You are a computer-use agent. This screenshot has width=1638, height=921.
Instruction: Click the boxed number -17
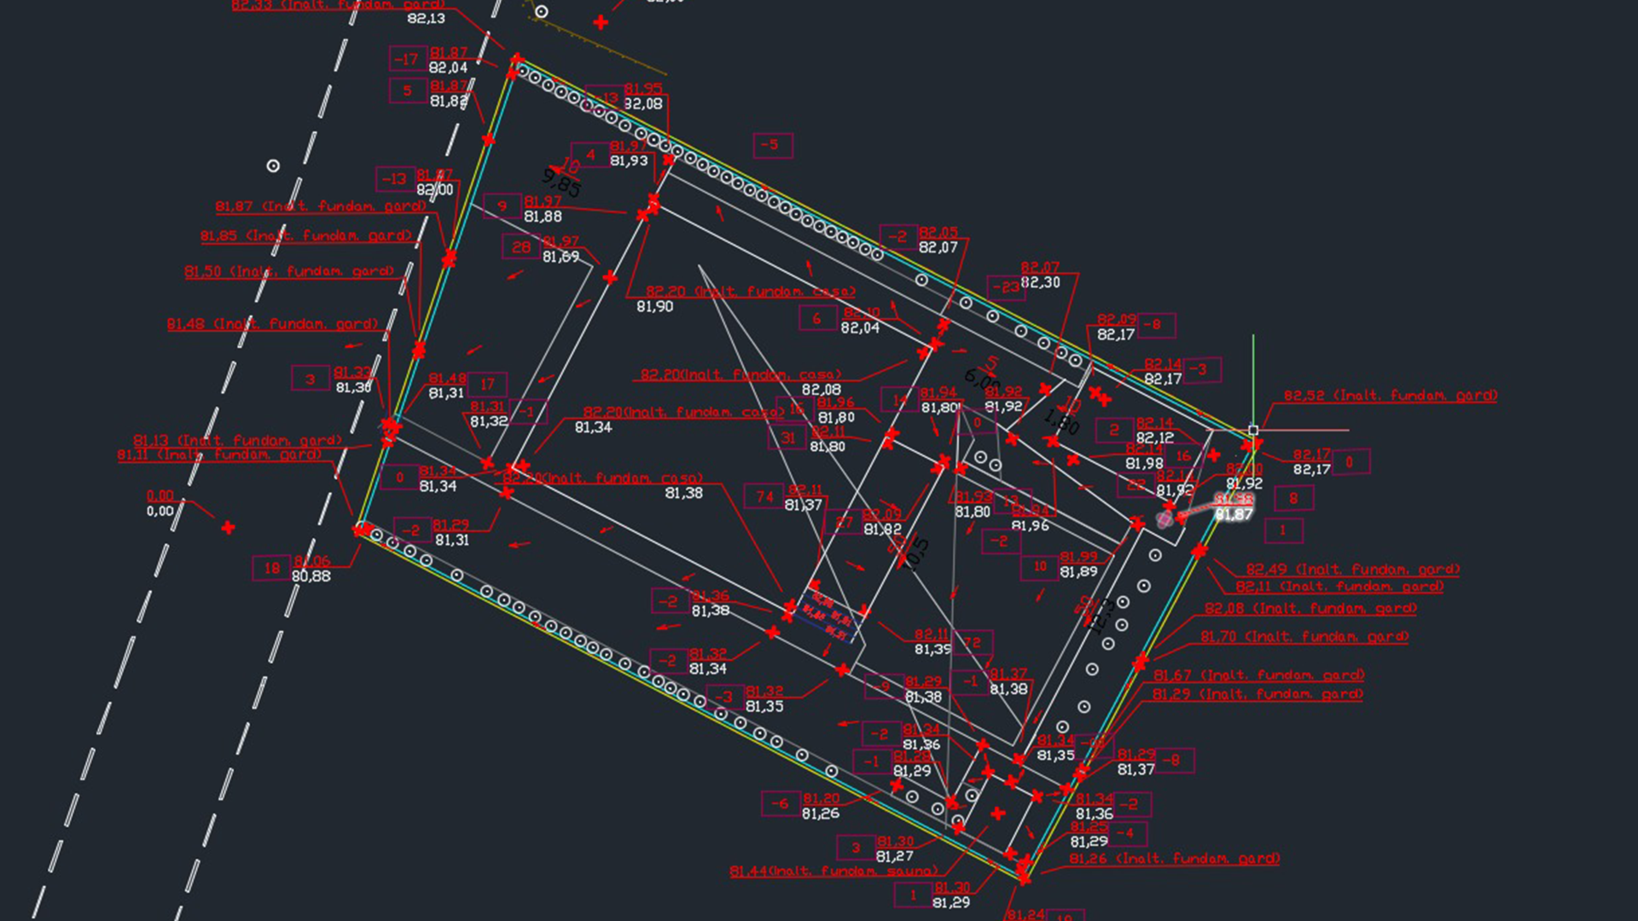coord(408,59)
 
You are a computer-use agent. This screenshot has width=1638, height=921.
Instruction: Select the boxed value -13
coord(394,179)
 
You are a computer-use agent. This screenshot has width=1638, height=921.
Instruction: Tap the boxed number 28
coord(521,247)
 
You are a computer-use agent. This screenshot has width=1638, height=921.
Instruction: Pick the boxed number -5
coord(771,145)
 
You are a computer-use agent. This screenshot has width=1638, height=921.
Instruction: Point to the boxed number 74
coord(764,497)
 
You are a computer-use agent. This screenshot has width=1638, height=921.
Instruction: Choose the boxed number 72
coord(972,643)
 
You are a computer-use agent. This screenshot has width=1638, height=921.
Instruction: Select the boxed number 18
coord(272,568)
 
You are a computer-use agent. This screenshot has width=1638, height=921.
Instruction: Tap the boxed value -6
coord(780,803)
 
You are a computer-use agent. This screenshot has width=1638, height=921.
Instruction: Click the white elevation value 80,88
coord(311,576)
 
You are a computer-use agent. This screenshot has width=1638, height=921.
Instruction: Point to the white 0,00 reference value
coord(160,512)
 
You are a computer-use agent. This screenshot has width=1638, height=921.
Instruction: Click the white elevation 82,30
coord(1040,282)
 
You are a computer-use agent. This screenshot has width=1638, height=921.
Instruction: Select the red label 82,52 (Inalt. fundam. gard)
coord(1390,396)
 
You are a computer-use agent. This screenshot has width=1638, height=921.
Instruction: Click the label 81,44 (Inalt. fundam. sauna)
coord(833,872)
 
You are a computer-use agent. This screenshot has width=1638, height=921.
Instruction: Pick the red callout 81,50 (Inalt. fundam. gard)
coord(290,272)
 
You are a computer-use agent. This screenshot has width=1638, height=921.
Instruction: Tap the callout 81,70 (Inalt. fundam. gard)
coord(1304,637)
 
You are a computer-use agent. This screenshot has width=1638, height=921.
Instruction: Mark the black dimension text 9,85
coord(561,182)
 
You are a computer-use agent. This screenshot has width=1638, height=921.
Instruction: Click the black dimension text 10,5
coord(915,554)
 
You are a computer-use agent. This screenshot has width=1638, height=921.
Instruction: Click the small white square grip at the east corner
coord(1253,431)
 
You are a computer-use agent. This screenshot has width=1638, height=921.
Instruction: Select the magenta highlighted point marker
coord(1165,519)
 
